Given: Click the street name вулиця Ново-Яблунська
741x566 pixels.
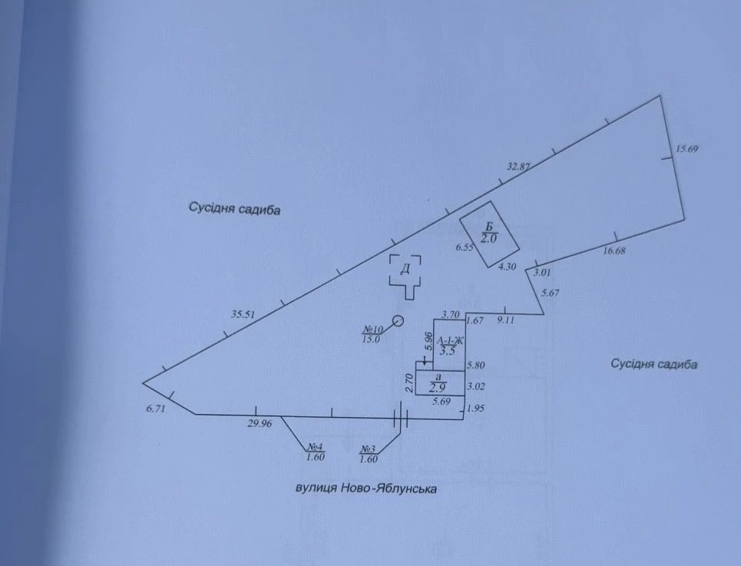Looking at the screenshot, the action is (366, 488).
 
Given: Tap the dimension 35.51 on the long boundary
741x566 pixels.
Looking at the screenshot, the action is (243, 314).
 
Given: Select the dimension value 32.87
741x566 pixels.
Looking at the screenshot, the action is (519, 167).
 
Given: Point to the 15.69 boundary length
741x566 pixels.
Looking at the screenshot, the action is (686, 149).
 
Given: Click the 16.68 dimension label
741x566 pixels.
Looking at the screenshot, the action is (614, 251).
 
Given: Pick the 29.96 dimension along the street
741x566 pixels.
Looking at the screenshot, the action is (260, 424).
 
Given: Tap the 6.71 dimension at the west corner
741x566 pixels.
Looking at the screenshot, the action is (155, 409).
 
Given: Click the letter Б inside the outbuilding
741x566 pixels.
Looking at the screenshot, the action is (489, 228).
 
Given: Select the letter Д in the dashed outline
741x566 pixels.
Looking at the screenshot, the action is (405, 270).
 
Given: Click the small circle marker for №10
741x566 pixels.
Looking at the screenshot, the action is (399, 321).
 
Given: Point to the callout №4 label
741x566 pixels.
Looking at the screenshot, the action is (315, 446).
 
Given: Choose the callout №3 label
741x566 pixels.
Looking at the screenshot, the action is (368, 448).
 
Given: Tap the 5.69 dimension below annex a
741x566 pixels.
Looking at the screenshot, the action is (442, 401).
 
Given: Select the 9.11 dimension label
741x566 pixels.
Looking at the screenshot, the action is (505, 319).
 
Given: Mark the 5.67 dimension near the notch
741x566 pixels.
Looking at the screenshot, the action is (550, 293).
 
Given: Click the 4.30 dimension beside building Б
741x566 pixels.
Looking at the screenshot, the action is (507, 267).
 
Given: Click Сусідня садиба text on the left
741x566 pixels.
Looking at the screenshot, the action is (234, 208).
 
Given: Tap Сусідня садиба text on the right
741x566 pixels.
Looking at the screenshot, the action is (654, 364).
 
